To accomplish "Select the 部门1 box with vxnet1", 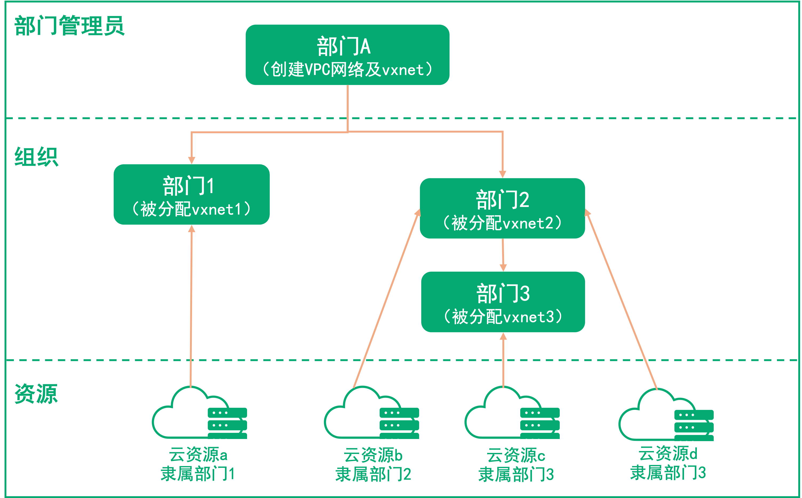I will click(x=192, y=194).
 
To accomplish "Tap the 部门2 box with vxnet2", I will click(x=502, y=208).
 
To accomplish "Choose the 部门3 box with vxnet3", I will click(x=503, y=302).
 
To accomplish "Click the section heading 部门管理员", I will click(x=69, y=26).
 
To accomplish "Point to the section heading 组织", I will click(x=36, y=157).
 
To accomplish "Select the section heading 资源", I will click(x=36, y=394).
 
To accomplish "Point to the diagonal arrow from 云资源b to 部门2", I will click(x=387, y=298).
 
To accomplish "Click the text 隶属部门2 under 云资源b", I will click(x=373, y=474).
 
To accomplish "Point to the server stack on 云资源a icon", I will click(x=227, y=423).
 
